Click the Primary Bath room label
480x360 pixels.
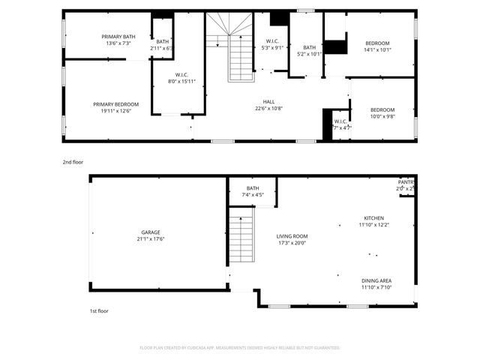[x=118, y=37]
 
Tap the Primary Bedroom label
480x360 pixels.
[x=115, y=104]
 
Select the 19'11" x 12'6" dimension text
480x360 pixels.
[x=115, y=111]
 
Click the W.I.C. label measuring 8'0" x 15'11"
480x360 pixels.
[x=181, y=74]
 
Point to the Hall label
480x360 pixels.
[x=268, y=102]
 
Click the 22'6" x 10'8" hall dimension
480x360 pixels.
[x=268, y=109]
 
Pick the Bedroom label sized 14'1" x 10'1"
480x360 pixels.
[x=378, y=43]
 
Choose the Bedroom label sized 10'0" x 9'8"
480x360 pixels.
[x=382, y=109]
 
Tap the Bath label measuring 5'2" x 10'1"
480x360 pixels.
[x=309, y=47]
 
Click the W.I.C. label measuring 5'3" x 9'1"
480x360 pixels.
[x=272, y=41]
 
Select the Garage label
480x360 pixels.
[x=151, y=232]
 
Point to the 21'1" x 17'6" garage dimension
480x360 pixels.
[x=151, y=239]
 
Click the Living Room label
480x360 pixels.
[x=292, y=236]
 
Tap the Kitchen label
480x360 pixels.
[x=373, y=217]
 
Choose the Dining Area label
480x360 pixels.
[x=376, y=280]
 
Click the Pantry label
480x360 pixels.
[x=405, y=182]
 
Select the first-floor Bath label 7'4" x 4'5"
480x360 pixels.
[x=253, y=188]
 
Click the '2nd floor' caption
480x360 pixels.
[x=73, y=161]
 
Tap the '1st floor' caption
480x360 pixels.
[x=99, y=310]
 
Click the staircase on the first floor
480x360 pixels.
[x=241, y=238]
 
